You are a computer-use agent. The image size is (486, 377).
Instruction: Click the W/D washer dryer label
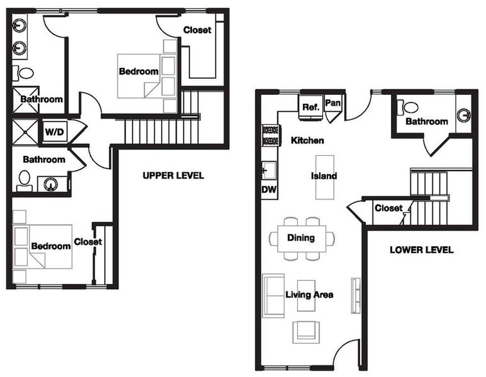(55, 132)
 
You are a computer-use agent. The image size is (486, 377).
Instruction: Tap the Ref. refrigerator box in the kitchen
(311, 107)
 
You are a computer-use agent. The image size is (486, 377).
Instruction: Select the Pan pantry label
(333, 103)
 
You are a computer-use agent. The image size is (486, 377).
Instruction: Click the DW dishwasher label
(269, 189)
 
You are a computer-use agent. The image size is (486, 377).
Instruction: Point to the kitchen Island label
(324, 176)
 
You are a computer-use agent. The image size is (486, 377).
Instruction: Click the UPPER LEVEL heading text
(173, 176)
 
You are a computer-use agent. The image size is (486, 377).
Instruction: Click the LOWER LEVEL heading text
(422, 249)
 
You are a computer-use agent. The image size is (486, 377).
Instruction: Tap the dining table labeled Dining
(302, 239)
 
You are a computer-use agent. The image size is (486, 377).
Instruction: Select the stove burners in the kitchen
(271, 135)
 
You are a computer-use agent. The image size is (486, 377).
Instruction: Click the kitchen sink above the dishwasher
(269, 171)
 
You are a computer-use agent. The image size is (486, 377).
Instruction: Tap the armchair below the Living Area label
(306, 332)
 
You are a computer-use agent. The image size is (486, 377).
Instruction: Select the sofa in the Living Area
(273, 296)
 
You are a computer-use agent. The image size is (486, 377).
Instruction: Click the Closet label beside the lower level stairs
(388, 208)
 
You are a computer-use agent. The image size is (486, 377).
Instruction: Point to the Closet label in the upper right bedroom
(197, 30)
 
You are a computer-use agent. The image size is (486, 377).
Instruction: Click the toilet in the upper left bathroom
(23, 73)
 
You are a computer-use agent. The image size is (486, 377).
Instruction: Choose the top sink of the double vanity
(20, 25)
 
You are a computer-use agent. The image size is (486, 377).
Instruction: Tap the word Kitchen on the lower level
(308, 140)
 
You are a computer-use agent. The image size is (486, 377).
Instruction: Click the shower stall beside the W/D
(26, 131)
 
